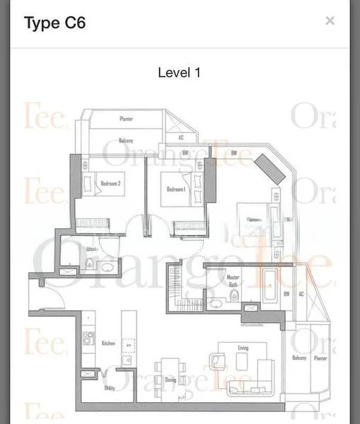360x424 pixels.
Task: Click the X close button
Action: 330,20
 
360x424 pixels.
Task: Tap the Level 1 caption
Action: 180,72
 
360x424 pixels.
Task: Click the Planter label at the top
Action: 126,119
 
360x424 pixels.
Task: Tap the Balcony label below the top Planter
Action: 126,141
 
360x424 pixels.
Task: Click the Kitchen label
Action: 108,343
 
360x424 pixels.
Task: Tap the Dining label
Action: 170,379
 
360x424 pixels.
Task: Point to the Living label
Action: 243,348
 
